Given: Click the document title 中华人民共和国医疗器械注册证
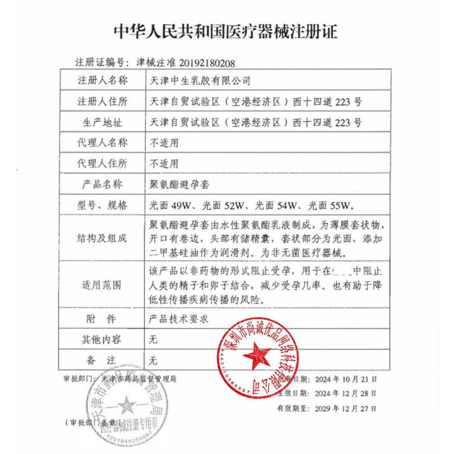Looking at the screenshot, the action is tap(226, 31).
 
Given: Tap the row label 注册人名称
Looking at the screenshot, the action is tap(102, 80).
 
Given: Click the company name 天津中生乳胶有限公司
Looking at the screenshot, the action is tap(199, 80).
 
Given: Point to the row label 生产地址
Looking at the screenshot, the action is tap(102, 122).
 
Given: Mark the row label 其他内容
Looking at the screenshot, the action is tap(102, 340).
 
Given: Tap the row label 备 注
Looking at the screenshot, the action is tap(102, 361).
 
